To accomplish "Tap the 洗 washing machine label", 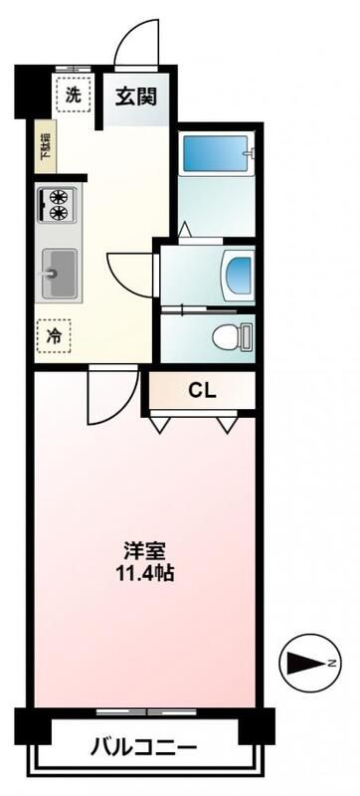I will [x=73, y=96].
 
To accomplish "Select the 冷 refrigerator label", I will [x=54, y=336].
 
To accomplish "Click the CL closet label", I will [x=202, y=390].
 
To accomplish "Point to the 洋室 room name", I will [x=144, y=549].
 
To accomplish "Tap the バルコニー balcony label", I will [x=144, y=746].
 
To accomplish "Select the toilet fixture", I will [x=231, y=338].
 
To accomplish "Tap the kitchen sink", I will [x=60, y=271].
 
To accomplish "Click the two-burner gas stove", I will [x=58, y=204].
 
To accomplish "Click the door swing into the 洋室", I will [x=105, y=395].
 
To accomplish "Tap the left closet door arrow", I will [x=158, y=425].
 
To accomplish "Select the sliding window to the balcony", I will [x=144, y=711].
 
